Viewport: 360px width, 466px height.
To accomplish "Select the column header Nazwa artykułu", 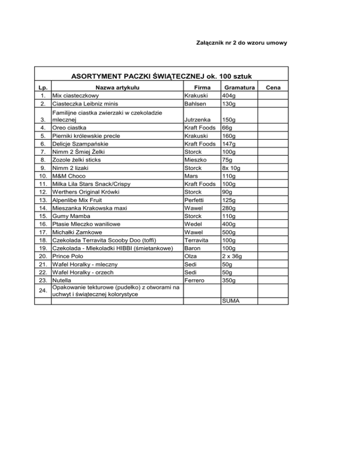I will tap(117, 87).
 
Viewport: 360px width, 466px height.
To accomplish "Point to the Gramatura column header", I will tap(239, 87).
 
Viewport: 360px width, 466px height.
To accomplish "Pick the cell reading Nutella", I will tap(62, 280).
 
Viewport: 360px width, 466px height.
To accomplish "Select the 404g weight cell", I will tap(229, 96).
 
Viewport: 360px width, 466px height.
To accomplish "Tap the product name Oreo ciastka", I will tap(70, 128).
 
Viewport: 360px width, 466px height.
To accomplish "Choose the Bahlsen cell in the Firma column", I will tap(196, 104).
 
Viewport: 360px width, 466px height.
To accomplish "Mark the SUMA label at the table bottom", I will tap(232, 301).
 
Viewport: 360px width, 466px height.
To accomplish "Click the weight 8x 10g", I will tap(232, 167).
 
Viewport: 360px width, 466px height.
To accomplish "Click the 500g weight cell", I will tap(229, 232).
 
